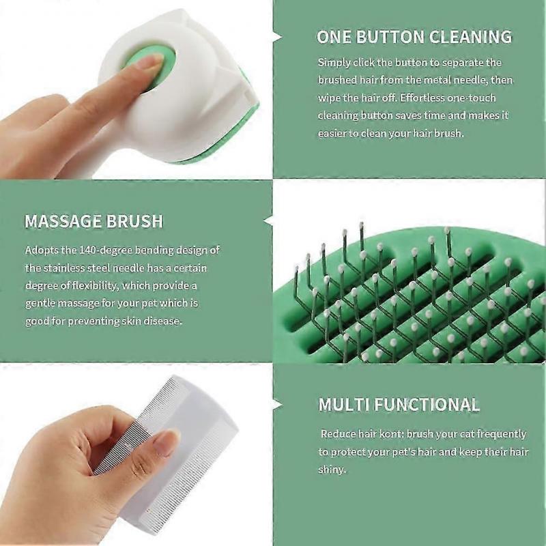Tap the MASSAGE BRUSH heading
point(94,221)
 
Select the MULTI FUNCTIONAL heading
point(399,404)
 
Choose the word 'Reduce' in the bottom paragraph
point(339,434)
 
